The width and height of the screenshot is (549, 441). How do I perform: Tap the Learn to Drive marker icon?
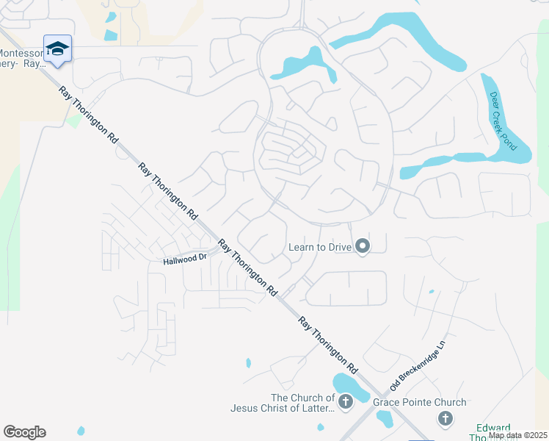click(362, 247)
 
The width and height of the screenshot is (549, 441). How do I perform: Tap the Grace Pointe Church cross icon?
click(444, 418)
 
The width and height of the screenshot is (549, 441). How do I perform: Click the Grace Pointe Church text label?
click(419, 402)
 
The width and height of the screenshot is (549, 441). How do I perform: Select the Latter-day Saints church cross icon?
click(345, 402)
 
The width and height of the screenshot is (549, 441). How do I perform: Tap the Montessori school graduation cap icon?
click(57, 49)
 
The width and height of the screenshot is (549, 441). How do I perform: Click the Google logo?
click(24, 432)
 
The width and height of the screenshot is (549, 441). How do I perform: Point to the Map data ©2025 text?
click(517, 435)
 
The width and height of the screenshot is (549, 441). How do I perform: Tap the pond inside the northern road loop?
click(309, 63)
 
